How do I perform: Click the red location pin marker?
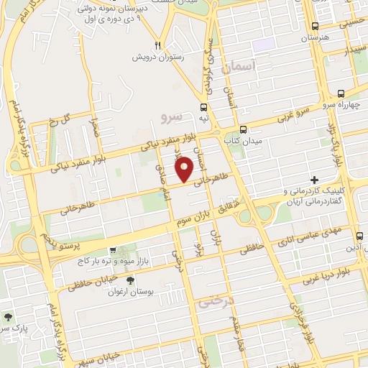[185, 168]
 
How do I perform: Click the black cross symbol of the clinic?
[313, 179]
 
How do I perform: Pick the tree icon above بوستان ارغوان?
[129, 281]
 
